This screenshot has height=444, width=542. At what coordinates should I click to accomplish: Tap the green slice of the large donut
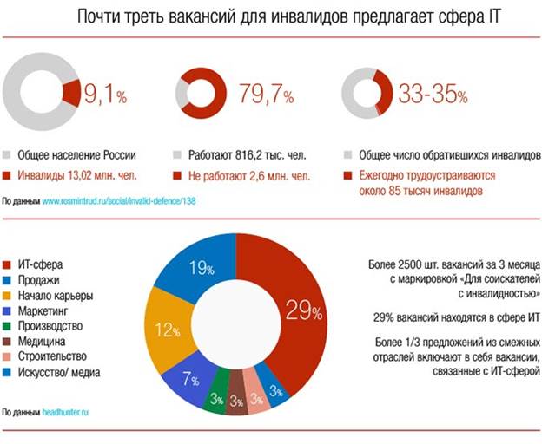(219, 389)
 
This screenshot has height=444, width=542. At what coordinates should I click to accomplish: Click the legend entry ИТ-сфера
(43, 263)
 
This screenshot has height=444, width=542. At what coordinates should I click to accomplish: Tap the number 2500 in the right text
(413, 263)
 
